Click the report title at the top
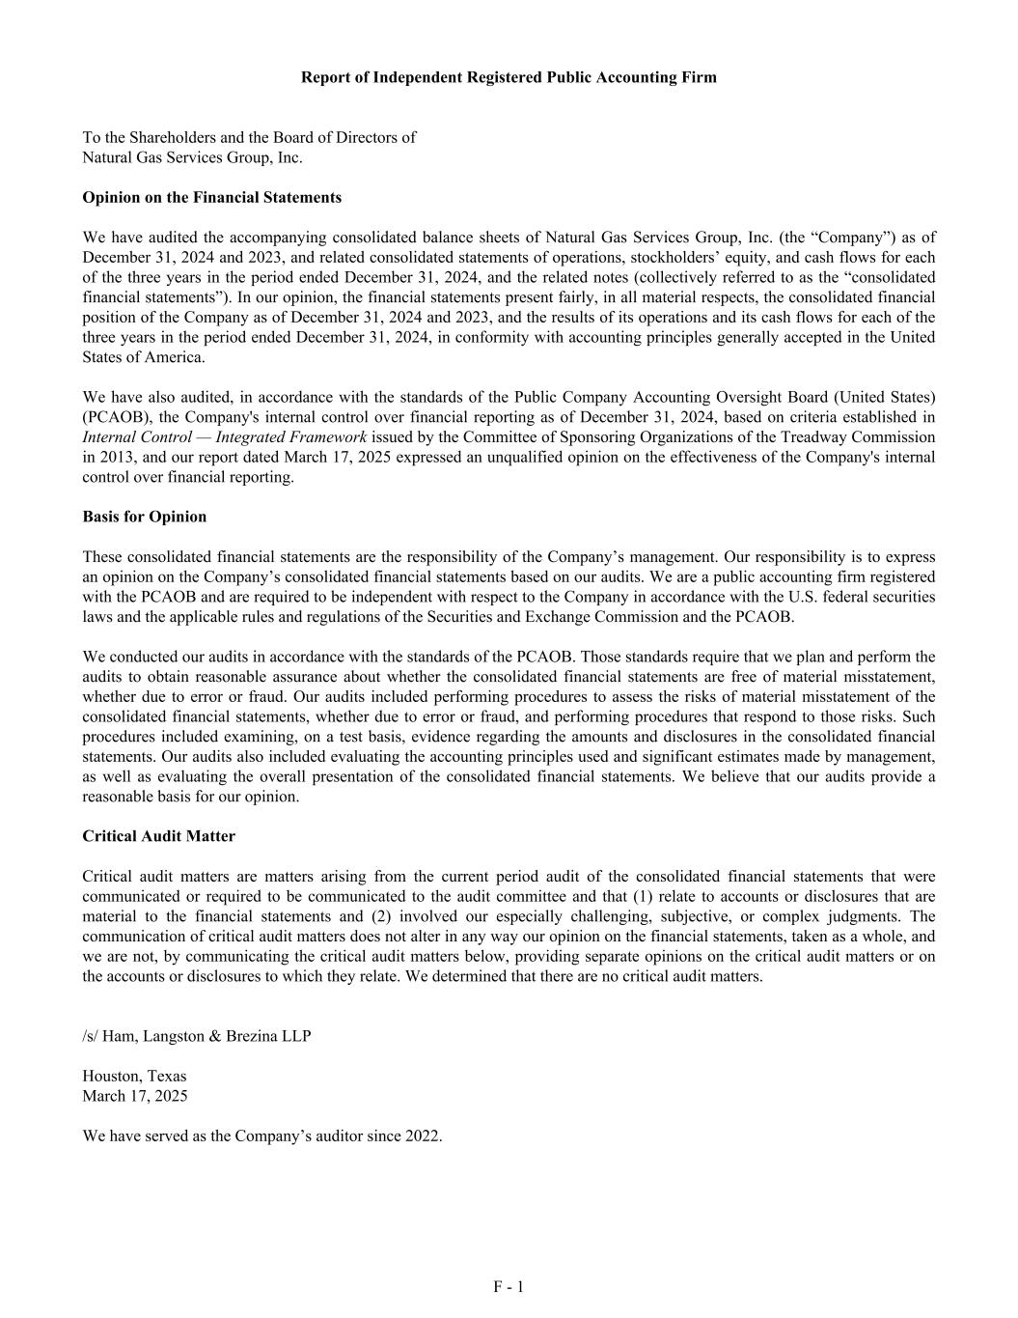tap(509, 77)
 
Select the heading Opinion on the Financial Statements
tap(211, 198)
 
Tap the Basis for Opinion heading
tap(144, 517)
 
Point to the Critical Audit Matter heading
tap(158, 836)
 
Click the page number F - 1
tap(509, 1286)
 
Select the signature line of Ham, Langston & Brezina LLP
tap(197, 1036)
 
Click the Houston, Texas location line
tap(134, 1076)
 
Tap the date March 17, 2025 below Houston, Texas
tap(135, 1096)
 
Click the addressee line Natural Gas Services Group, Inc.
tap(192, 157)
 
